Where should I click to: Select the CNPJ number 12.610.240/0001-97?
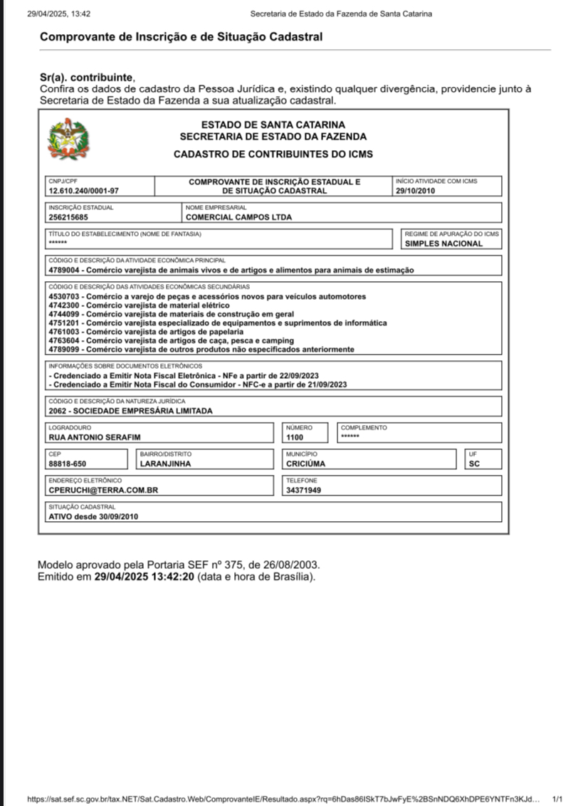click(83, 191)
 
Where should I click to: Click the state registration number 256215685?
click(68, 217)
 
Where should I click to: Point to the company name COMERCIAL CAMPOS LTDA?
click(238, 217)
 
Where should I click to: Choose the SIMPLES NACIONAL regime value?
click(443, 244)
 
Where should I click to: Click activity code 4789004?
click(65, 270)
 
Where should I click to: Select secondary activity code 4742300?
click(65, 305)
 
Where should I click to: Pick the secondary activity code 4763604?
click(65, 340)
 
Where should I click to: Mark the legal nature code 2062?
click(58, 410)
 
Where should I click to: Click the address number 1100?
click(295, 437)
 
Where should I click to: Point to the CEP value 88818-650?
click(68, 464)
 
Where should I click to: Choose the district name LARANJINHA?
click(166, 464)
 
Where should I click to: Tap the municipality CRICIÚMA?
click(306, 464)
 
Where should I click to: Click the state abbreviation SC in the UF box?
click(475, 464)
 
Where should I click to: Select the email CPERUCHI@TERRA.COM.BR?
click(103, 490)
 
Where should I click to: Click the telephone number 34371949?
click(303, 490)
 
